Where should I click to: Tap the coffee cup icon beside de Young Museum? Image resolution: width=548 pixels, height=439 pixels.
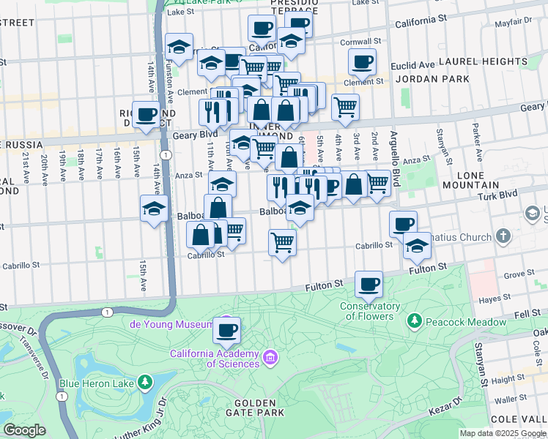tap(227, 330)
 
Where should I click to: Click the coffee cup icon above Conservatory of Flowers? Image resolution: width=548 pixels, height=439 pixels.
tap(369, 283)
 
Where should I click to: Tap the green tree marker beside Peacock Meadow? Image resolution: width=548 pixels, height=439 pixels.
tap(415, 321)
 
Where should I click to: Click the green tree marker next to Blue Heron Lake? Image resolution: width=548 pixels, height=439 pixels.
tap(145, 382)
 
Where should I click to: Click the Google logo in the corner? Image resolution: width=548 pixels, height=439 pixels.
tap(23, 430)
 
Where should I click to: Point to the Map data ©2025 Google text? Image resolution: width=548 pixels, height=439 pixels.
tap(502, 433)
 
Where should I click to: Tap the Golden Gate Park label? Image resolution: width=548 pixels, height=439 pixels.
tap(259, 408)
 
